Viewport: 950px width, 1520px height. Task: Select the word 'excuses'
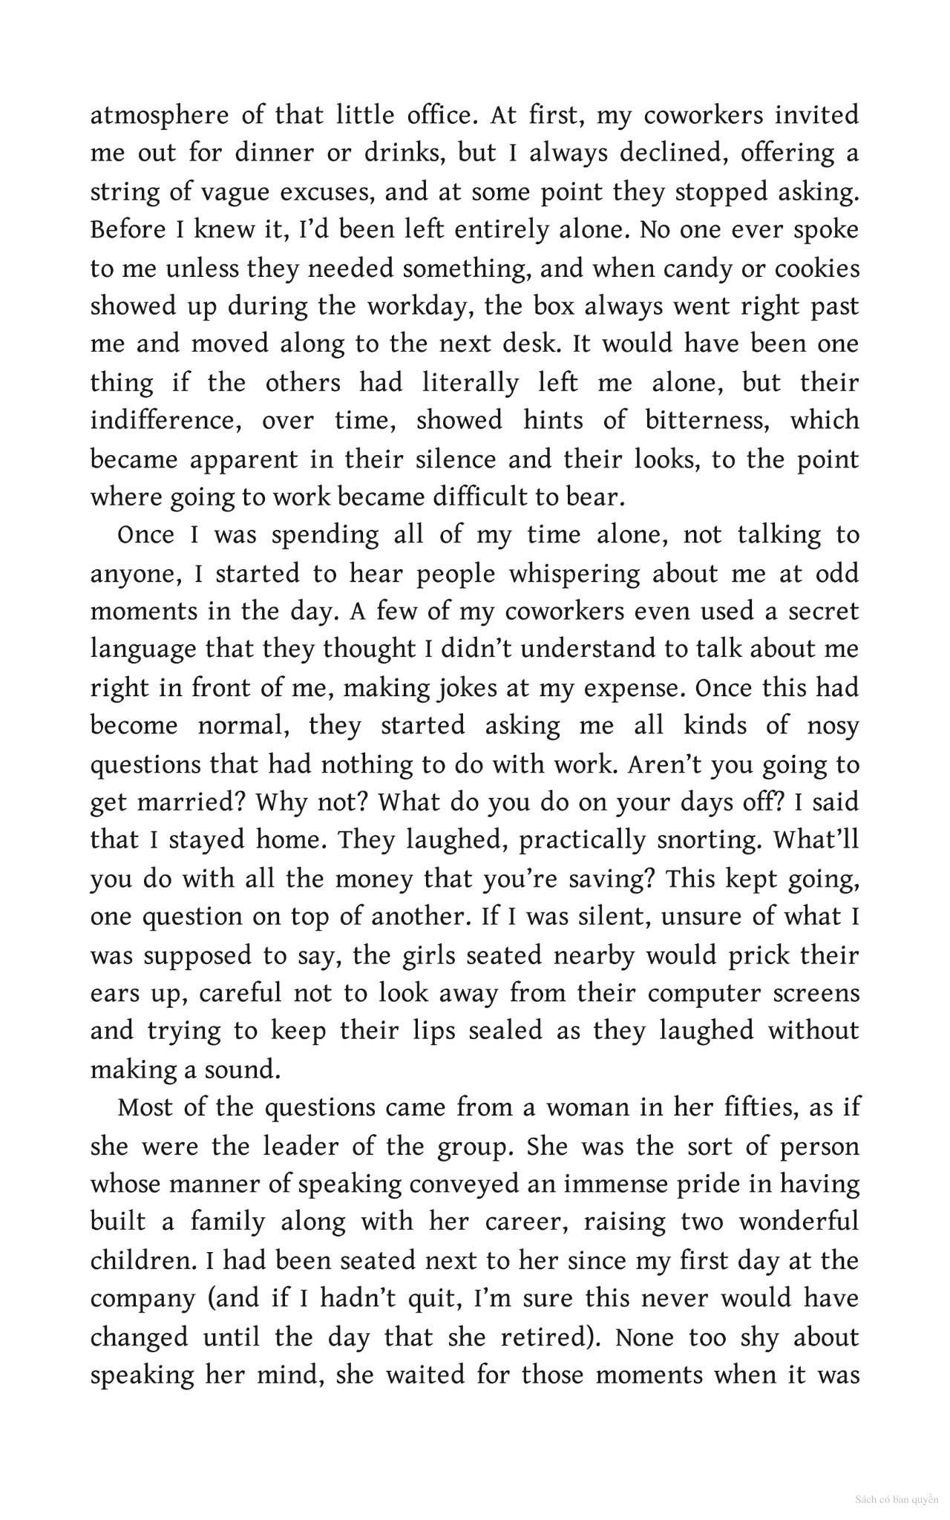tap(322, 192)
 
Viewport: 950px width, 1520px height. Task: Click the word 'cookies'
tap(817, 268)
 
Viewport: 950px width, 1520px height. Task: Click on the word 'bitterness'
tap(706, 421)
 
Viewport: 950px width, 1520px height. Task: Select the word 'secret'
tap(823, 612)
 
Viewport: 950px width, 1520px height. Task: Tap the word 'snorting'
tap(709, 840)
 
